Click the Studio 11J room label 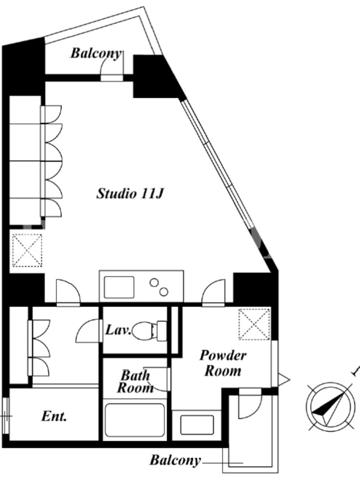pyautogui.click(x=130, y=193)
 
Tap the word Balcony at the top pyautogui.click(x=96, y=53)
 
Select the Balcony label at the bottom pyautogui.click(x=175, y=460)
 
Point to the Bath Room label pyautogui.click(x=136, y=382)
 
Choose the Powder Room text pyautogui.click(x=223, y=363)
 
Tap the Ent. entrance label pyautogui.click(x=54, y=416)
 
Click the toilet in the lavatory pyautogui.click(x=149, y=331)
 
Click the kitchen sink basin pyautogui.click(x=119, y=287)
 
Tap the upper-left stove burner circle pyautogui.click(x=154, y=283)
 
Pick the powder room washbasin pyautogui.click(x=197, y=425)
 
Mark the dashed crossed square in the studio pyautogui.click(x=27, y=250)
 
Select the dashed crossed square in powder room pyautogui.click(x=254, y=324)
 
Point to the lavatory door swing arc pyautogui.click(x=89, y=331)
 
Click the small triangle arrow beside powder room pyautogui.click(x=283, y=380)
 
